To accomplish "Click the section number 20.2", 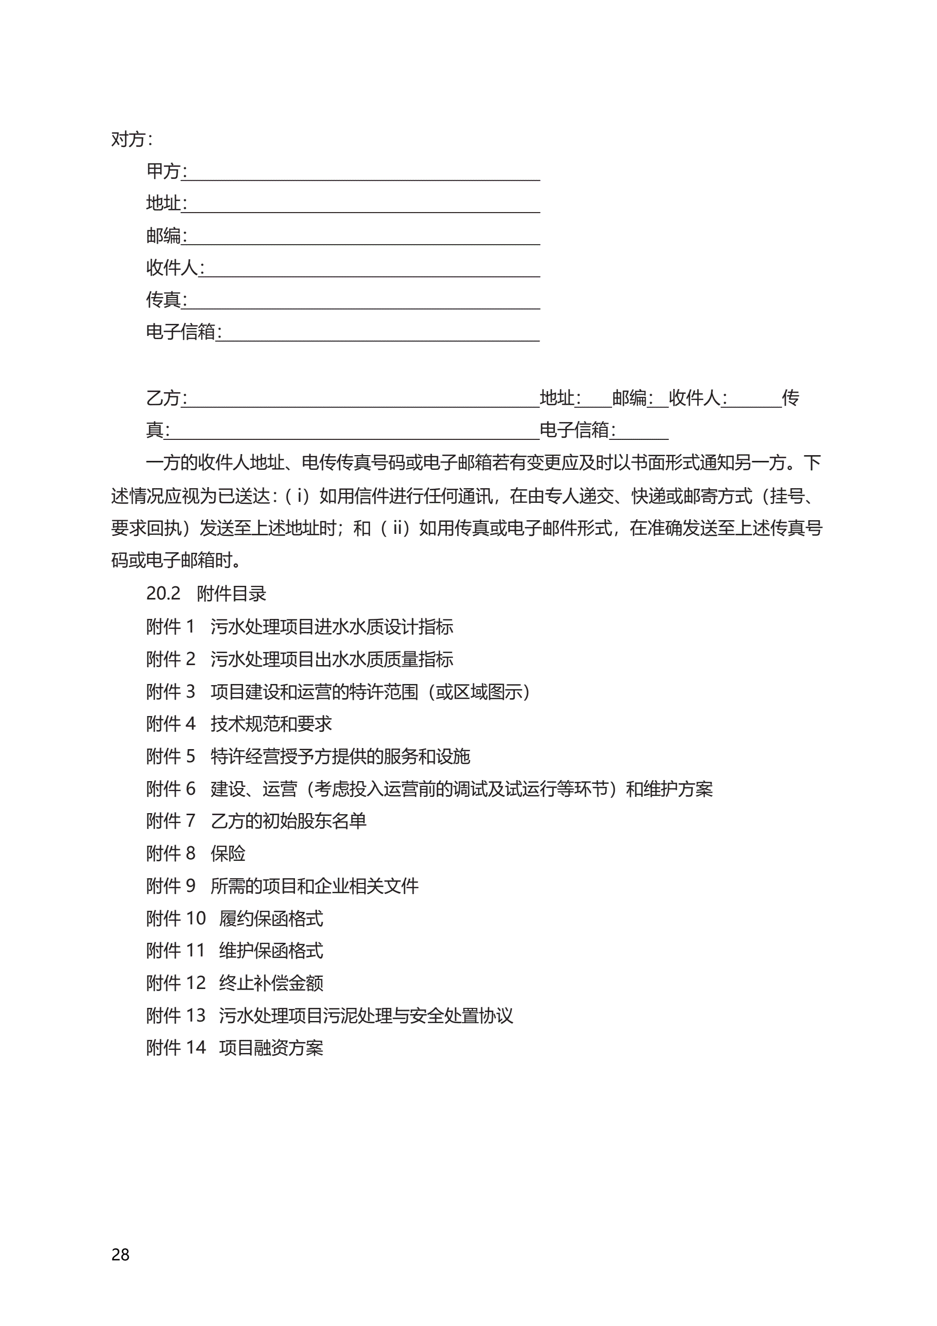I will click(x=163, y=593).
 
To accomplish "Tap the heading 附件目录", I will click(x=231, y=593).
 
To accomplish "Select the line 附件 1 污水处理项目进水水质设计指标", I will click(x=299, y=626).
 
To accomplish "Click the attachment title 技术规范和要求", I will click(x=271, y=724).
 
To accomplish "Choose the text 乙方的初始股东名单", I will click(x=288, y=820).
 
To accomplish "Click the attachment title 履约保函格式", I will click(x=271, y=918).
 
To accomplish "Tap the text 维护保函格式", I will click(x=271, y=951).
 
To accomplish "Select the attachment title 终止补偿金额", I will click(x=271, y=983).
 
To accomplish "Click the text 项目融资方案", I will click(x=271, y=1048).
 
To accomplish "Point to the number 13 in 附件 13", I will click(x=195, y=1015).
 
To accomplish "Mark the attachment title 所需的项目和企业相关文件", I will click(x=314, y=886).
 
